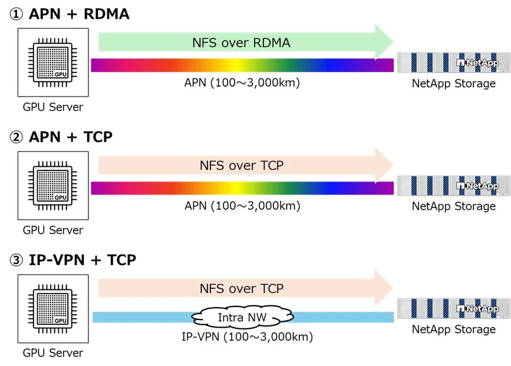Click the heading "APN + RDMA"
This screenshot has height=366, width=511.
click(x=79, y=14)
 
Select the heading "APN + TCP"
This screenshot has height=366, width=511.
click(x=71, y=137)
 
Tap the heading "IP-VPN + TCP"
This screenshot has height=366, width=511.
click(x=83, y=259)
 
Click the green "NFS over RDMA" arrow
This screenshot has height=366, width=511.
click(x=242, y=42)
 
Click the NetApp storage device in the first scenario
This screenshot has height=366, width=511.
click(x=453, y=62)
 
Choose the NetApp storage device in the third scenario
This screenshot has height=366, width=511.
click(x=453, y=308)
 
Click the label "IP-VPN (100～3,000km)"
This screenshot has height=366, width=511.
click(x=246, y=338)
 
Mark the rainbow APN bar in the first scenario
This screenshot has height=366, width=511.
click(x=242, y=65)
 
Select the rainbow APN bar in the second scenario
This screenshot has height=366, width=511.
click(x=242, y=188)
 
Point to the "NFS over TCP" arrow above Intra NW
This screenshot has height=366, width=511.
click(x=242, y=289)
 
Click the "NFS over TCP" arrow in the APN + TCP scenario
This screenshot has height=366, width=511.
click(x=242, y=166)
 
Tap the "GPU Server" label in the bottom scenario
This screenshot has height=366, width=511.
click(x=53, y=353)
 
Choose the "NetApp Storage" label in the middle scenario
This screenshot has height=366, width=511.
click(x=453, y=206)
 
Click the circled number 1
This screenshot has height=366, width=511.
click(x=16, y=15)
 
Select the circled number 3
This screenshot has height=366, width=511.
click(x=16, y=260)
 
